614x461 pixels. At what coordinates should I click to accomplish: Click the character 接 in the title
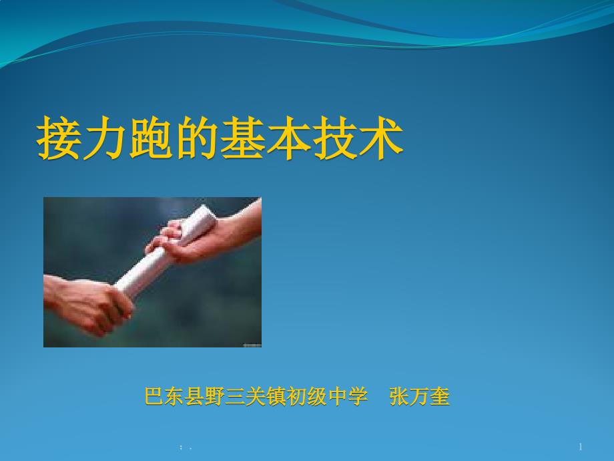[59, 138]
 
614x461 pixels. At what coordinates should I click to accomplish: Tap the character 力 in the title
[105, 138]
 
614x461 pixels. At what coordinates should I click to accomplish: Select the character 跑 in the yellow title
[151, 138]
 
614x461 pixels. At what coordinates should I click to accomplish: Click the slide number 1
[581, 446]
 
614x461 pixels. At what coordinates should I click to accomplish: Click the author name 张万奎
[419, 396]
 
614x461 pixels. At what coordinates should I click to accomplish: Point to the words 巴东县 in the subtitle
[175, 396]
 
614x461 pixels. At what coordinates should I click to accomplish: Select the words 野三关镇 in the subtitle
[246, 396]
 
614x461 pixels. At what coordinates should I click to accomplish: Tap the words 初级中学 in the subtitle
[327, 396]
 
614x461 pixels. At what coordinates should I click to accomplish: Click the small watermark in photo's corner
[252, 345]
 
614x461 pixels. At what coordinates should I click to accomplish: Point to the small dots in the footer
[186, 447]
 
